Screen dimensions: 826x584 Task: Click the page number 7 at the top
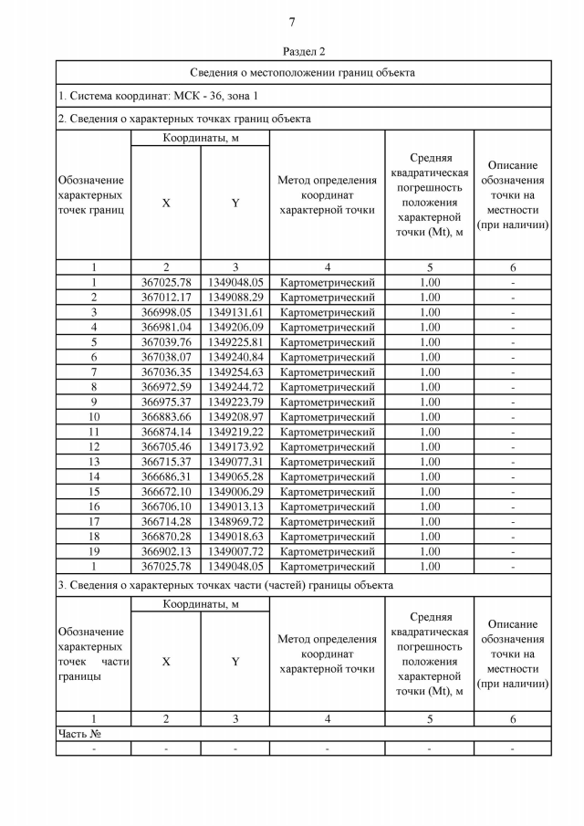[x=292, y=23]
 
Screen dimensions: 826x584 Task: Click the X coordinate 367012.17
[x=166, y=298]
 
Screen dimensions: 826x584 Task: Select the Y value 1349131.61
[x=235, y=312]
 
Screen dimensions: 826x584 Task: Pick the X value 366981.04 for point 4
[x=166, y=327]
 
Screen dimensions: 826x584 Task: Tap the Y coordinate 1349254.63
[x=235, y=371]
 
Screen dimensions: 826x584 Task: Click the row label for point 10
[x=93, y=416]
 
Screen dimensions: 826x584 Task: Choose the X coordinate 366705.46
[x=166, y=446]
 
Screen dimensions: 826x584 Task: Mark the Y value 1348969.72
[x=235, y=521]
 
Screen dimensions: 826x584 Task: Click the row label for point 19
[x=93, y=551]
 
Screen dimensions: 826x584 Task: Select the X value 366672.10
[x=166, y=491]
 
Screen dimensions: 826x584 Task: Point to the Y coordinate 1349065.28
[x=235, y=476]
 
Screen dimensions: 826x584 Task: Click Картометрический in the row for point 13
[x=328, y=462]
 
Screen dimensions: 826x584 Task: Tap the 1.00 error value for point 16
[x=429, y=507]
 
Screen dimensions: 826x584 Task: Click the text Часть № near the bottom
[x=78, y=734]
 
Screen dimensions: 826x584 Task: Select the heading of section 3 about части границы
[x=225, y=584]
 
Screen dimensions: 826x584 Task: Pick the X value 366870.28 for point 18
[x=166, y=537]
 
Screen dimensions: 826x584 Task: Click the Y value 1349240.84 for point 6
[x=235, y=357]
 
